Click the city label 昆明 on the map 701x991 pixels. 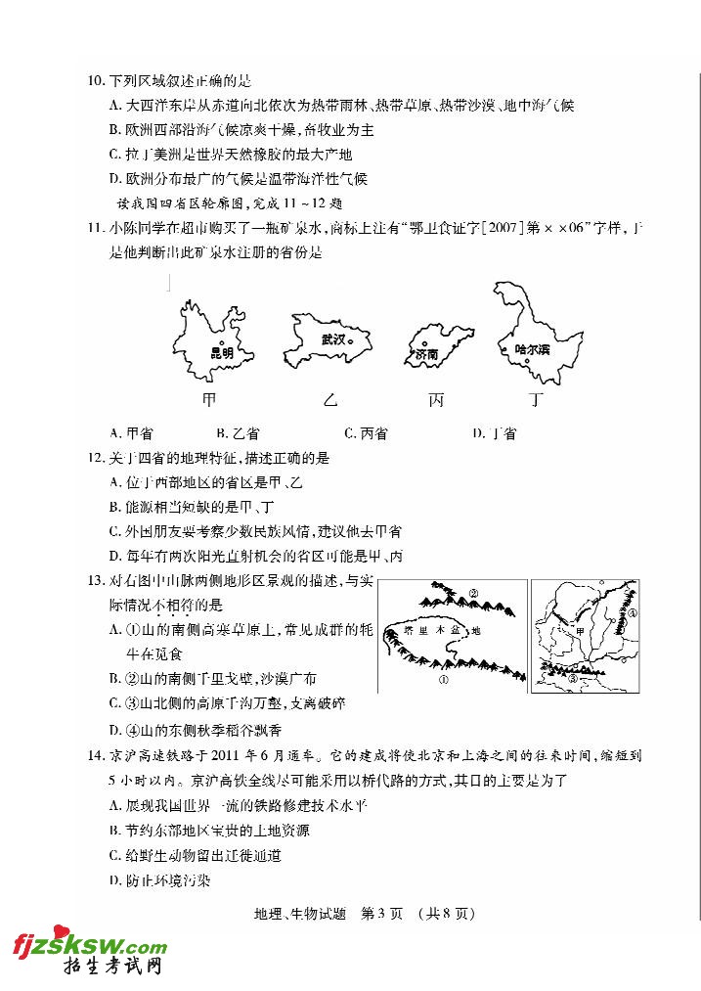coord(222,353)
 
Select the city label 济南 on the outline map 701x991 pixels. coord(427,354)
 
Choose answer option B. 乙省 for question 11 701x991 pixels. coord(238,433)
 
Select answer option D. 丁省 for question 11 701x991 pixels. coord(494,433)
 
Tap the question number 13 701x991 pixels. coord(96,581)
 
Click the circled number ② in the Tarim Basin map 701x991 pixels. coord(472,593)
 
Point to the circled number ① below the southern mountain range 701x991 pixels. coord(443,680)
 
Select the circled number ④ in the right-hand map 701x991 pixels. coord(633,614)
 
